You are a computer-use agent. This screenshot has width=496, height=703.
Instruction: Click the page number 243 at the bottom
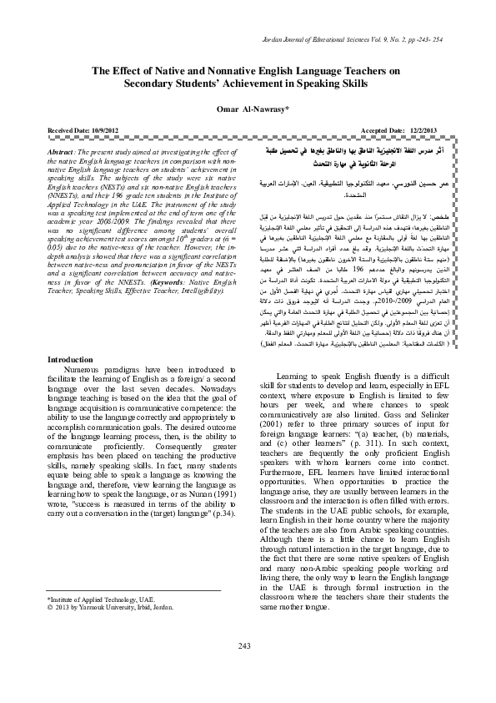244,670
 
